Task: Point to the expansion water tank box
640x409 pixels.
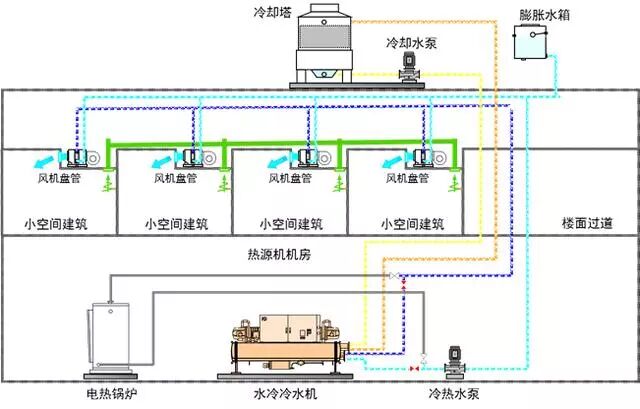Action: [x=529, y=44]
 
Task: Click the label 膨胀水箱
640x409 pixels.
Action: [x=543, y=15]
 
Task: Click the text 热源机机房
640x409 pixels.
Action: [x=279, y=255]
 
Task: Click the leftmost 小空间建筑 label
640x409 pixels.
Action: [x=55, y=223]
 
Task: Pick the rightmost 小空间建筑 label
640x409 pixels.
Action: [x=406, y=223]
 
